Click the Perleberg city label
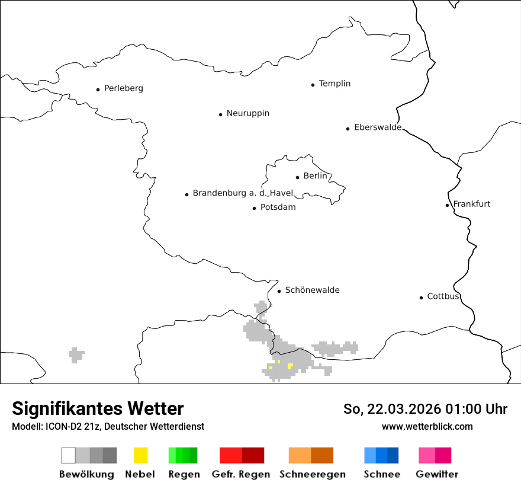[x=123, y=88]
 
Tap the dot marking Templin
[x=313, y=85]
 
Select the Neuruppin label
[x=247, y=113]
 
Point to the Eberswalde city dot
[x=348, y=129]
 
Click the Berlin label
[x=315, y=176]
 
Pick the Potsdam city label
[x=278, y=207]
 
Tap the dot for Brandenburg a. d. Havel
[x=186, y=194]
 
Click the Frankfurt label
[x=472, y=204]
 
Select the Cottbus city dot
[x=421, y=298]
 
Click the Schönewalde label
[x=312, y=290]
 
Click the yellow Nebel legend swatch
[x=140, y=455]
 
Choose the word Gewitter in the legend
[x=437, y=474]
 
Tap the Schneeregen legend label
[x=313, y=474]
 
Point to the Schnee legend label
[x=382, y=474]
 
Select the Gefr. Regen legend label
[x=241, y=474]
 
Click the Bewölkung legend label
[x=86, y=474]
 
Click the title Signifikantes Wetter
[x=98, y=408]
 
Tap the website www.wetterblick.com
[x=427, y=426]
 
